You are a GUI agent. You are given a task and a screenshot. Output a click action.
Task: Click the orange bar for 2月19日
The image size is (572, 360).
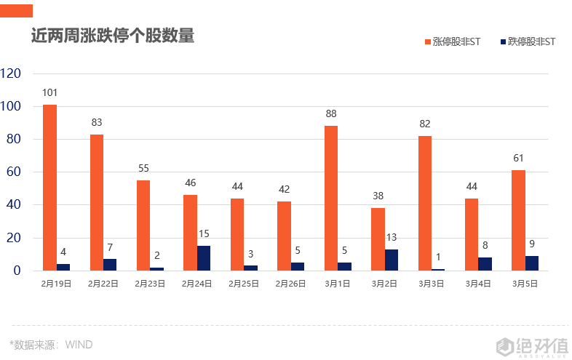(49, 188)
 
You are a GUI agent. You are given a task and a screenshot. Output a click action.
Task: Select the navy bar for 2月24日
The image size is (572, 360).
(204, 258)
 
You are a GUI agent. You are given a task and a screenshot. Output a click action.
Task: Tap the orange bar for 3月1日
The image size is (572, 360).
(331, 198)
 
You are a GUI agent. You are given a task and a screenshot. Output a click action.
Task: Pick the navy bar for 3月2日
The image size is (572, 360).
(392, 260)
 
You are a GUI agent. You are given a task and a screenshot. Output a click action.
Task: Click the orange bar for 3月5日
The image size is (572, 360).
(518, 220)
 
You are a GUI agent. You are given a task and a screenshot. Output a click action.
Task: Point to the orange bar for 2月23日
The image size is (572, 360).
(143, 225)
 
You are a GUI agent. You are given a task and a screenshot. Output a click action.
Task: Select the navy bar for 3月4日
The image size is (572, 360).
(485, 264)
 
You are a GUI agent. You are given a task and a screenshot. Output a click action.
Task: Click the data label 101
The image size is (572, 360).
(49, 92)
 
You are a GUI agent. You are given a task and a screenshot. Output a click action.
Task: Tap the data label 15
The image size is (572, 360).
(204, 233)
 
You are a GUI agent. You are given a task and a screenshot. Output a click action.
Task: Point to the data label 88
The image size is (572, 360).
(331, 113)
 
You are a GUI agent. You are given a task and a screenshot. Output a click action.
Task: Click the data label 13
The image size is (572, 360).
(392, 237)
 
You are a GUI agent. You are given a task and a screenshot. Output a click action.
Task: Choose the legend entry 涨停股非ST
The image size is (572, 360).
(452, 42)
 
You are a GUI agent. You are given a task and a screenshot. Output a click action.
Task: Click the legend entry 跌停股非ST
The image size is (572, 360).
(528, 42)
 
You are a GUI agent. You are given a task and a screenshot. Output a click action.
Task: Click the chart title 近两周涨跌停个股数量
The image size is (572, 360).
(113, 36)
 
